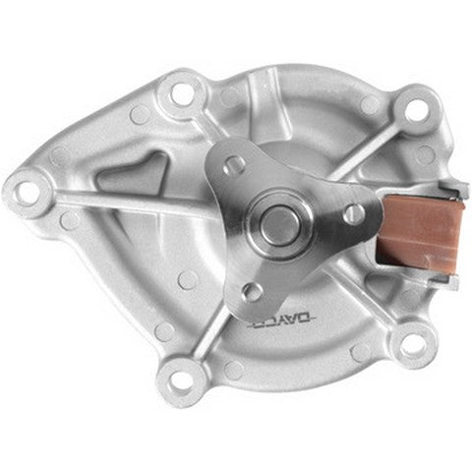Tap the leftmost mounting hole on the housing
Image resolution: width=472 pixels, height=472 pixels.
coord(27,184)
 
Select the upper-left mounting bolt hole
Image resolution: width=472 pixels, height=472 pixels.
coord(182,93)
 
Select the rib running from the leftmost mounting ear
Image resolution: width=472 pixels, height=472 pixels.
coord(108,206)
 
